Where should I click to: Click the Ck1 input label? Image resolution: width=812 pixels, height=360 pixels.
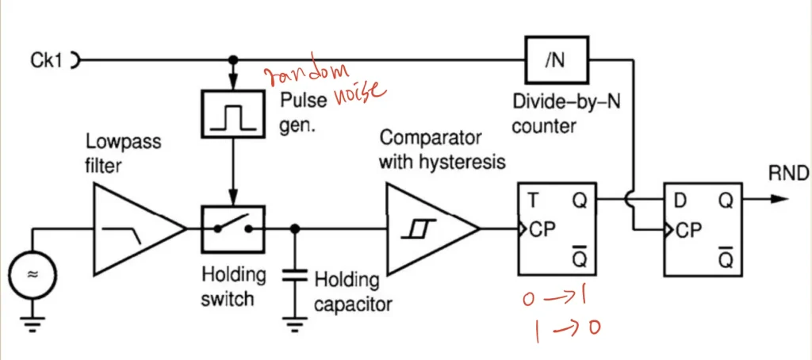pyautogui.click(x=46, y=59)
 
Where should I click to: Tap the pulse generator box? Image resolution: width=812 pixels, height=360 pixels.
pyautogui.click(x=232, y=113)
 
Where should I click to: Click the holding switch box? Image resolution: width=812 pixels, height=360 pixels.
pyautogui.click(x=232, y=228)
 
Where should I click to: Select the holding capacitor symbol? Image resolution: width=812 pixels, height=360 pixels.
pyautogui.click(x=295, y=277)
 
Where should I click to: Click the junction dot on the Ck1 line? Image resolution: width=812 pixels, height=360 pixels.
pyautogui.click(x=232, y=59)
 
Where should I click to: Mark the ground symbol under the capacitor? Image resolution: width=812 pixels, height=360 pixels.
pyautogui.click(x=295, y=323)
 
